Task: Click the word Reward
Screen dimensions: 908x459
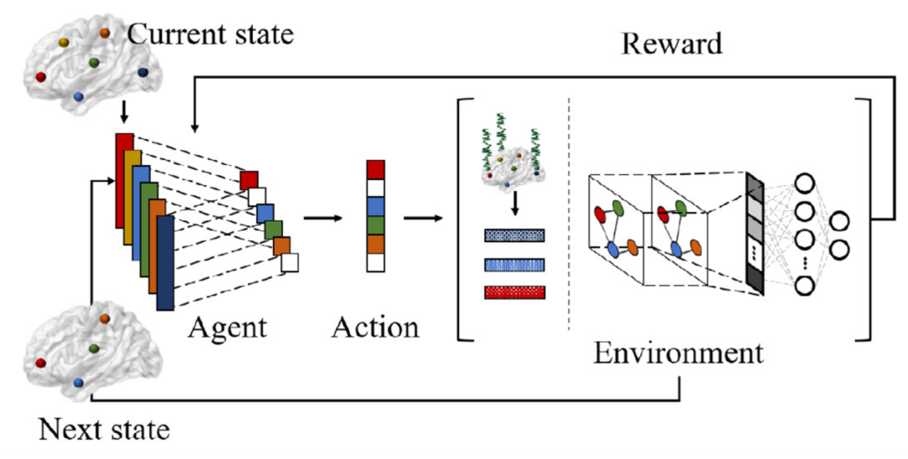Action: coord(672,44)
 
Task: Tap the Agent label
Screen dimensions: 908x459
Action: coord(228,328)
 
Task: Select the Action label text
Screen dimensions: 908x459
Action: coord(375,327)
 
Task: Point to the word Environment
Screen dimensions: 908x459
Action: coord(678,353)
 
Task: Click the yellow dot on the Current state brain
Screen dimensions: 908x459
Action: coord(64,43)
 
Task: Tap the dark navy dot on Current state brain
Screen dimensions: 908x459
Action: coord(143,72)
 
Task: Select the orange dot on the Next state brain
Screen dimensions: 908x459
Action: coord(104,319)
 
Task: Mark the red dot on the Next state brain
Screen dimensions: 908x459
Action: coord(40,363)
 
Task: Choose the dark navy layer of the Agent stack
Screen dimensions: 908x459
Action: coord(165,263)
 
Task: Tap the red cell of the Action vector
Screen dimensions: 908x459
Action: coord(376,169)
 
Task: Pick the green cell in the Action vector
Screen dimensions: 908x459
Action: coord(376,225)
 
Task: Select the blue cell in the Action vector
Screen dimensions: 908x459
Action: coord(376,207)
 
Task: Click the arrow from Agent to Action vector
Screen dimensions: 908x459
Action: coord(323,218)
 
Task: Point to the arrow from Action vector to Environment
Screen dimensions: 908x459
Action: coord(423,218)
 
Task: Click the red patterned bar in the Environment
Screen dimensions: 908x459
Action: coord(515,291)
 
